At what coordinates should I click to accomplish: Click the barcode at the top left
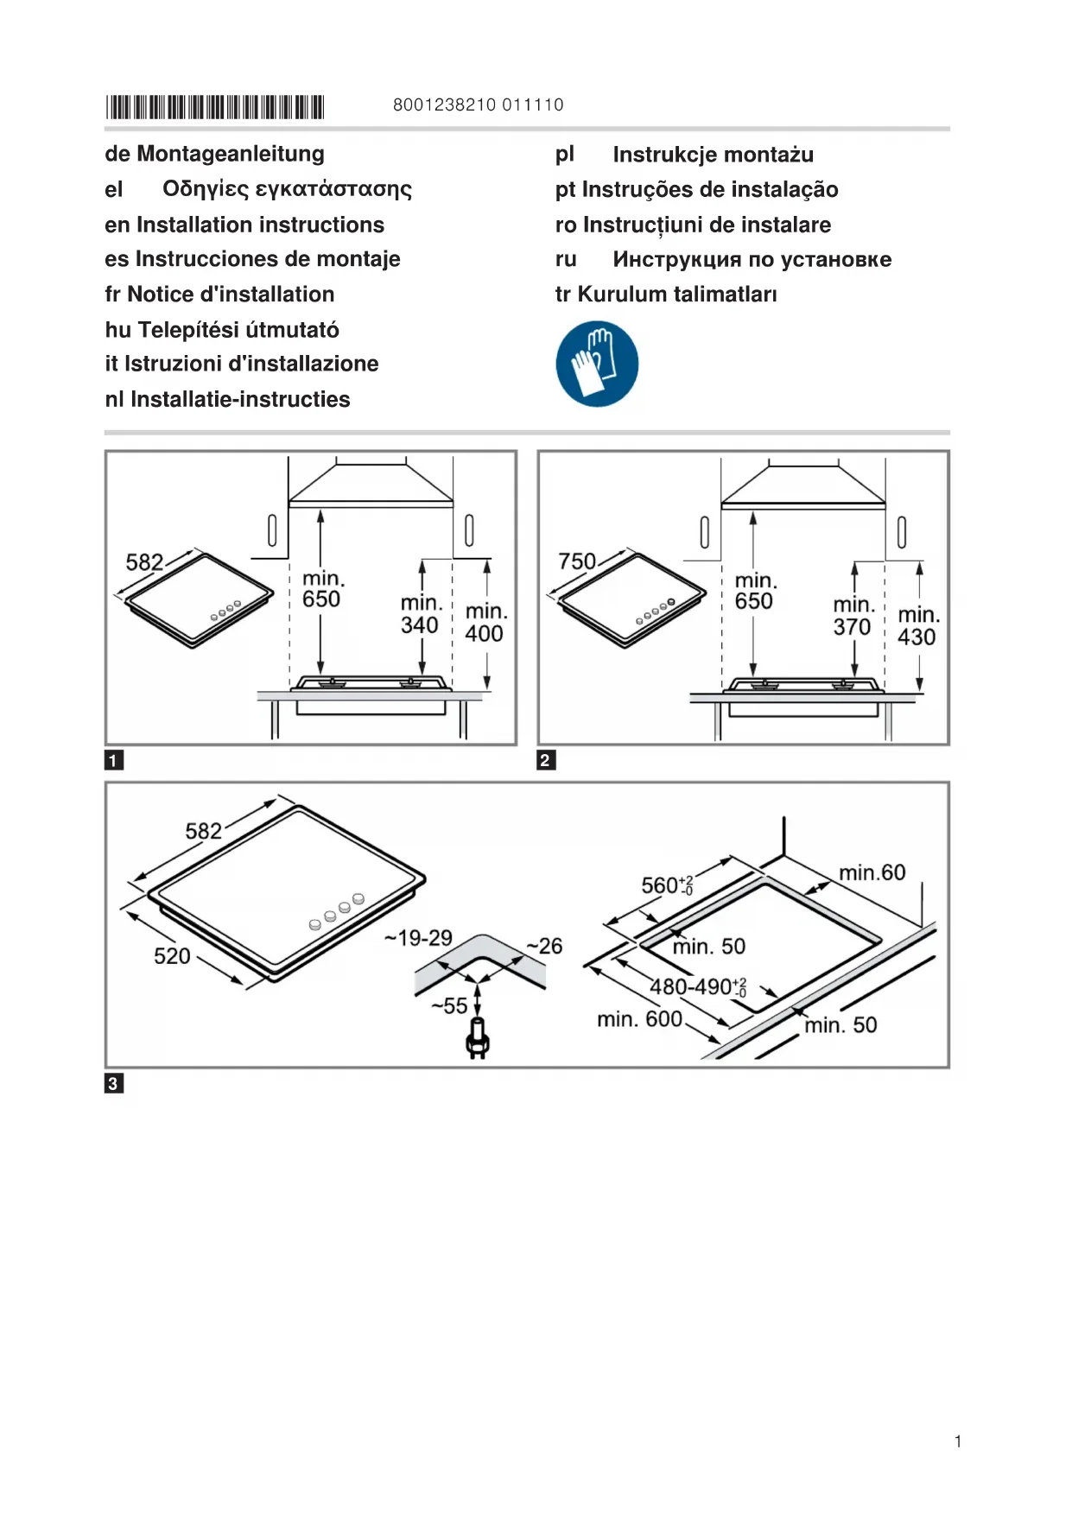tap(214, 107)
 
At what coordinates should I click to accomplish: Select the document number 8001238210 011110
tap(478, 105)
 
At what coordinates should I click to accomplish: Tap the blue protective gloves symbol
tap(597, 364)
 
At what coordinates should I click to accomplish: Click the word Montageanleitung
tap(231, 154)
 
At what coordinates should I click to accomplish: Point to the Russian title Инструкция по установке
tap(752, 259)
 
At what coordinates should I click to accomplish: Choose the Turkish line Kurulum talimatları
tap(676, 295)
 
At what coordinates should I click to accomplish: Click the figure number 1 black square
tap(113, 760)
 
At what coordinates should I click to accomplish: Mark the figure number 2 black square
tap(546, 760)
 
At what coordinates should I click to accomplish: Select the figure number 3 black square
tap(113, 1083)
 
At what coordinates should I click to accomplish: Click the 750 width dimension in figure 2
tap(577, 561)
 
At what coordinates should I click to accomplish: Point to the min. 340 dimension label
tap(421, 614)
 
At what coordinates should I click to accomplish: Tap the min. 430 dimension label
tap(917, 626)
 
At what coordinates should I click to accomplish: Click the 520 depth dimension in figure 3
tap(172, 956)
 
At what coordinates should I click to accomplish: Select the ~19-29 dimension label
tap(419, 938)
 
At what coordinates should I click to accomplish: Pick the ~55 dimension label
tap(450, 1005)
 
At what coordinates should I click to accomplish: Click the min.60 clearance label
tap(872, 873)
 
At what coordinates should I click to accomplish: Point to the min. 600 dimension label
tap(639, 1020)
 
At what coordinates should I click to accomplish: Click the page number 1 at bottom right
tap(958, 1442)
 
